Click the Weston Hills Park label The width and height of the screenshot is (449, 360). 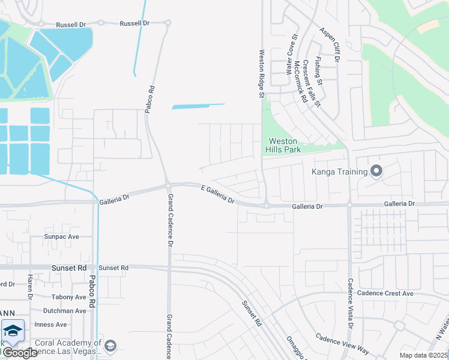pos(283,145)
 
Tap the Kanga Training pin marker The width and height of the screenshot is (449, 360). pos(376,172)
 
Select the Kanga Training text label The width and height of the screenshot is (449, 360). pos(339,172)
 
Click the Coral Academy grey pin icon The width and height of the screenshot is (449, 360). pos(110,346)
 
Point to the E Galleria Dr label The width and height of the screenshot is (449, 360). pos(217,194)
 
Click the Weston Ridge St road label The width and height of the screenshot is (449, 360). pos(262,73)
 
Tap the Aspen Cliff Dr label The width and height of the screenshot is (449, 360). pos(330,45)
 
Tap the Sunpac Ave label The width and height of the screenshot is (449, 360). pos(61,237)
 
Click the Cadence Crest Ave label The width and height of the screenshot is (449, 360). pos(385,293)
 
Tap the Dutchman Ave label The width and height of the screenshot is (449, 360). pos(64,311)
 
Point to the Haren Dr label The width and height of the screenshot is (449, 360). pos(29,287)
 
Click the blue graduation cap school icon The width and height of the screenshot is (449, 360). pos(13,330)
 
